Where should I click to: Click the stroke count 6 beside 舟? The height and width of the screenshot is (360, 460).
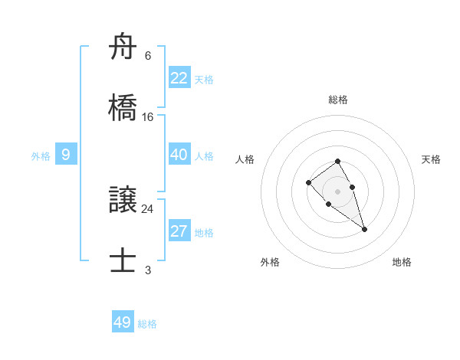(x=148, y=56)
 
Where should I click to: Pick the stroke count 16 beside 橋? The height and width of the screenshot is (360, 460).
(x=148, y=116)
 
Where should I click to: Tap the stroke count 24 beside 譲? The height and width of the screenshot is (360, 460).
(x=148, y=208)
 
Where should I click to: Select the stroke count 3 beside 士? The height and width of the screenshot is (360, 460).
(x=148, y=270)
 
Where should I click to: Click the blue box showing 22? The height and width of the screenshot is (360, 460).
(x=179, y=78)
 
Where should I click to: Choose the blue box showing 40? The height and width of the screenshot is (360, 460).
(x=179, y=155)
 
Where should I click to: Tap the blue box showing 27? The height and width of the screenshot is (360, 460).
(x=179, y=232)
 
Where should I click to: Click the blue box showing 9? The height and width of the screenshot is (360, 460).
(x=66, y=155)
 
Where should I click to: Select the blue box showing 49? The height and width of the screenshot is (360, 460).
(x=123, y=322)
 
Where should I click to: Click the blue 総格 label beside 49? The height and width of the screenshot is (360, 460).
(x=147, y=324)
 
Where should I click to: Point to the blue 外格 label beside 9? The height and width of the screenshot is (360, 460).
(x=41, y=156)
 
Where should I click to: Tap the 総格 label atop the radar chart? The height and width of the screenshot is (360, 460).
(x=338, y=100)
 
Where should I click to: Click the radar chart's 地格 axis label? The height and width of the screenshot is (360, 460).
(x=402, y=262)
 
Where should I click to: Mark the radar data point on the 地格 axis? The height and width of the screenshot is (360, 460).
(x=364, y=229)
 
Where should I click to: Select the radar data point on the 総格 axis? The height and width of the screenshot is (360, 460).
(x=337, y=161)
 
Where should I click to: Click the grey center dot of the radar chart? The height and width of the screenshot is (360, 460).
(x=337, y=191)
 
